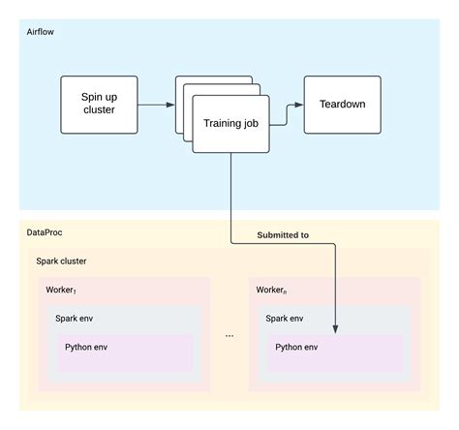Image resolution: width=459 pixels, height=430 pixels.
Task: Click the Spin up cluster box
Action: click(98, 104)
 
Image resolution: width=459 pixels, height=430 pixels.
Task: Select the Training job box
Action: click(230, 123)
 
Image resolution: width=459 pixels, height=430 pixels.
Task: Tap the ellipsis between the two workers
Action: click(229, 335)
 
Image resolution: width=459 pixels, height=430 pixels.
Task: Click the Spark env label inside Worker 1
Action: click(76, 318)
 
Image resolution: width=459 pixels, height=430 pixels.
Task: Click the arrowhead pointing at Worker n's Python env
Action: click(335, 330)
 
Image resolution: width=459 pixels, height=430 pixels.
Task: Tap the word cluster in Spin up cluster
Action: click(98, 110)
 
